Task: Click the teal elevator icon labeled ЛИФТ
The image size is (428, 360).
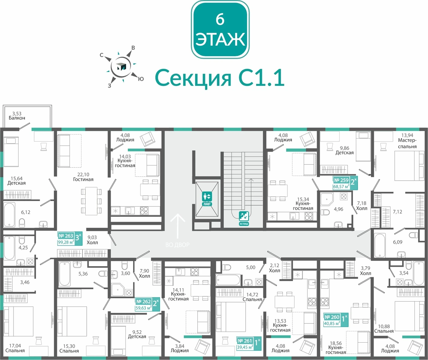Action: pyautogui.click(x=207, y=199)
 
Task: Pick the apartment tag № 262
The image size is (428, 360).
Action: pyautogui.click(x=147, y=304)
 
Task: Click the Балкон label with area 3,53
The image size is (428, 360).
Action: pyautogui.click(x=17, y=116)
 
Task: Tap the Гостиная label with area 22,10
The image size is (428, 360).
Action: pyautogui.click(x=83, y=177)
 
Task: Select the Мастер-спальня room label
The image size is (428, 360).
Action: pyautogui.click(x=407, y=143)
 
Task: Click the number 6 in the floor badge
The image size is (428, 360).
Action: pyautogui.click(x=220, y=20)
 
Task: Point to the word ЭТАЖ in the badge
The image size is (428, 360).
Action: pyautogui.click(x=220, y=39)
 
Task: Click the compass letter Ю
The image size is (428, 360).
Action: pyautogui.click(x=141, y=79)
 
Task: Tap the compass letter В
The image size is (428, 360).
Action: pyautogui.click(x=133, y=48)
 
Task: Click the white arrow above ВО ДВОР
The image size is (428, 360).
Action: pyautogui.click(x=178, y=226)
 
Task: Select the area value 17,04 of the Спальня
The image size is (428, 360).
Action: pyautogui.click(x=15, y=346)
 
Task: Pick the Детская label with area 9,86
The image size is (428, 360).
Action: pyautogui.click(x=344, y=151)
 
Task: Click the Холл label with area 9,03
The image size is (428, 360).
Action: pyautogui.click(x=92, y=240)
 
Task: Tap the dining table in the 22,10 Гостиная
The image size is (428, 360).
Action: pyautogui.click(x=91, y=201)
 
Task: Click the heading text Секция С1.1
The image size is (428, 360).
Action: pyautogui.click(x=220, y=78)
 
